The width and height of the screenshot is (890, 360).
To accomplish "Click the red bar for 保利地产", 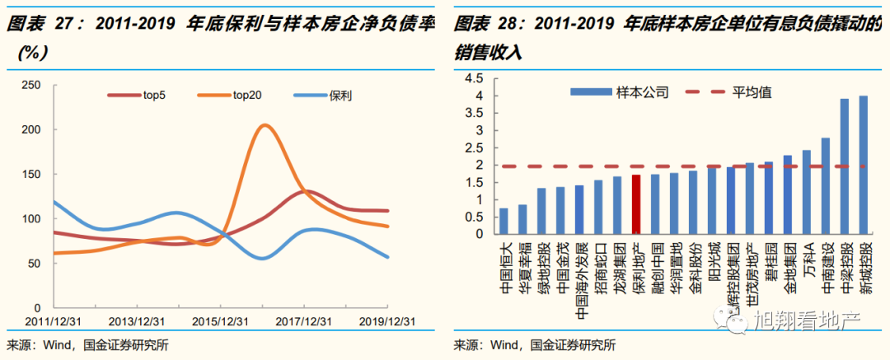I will point(636,204).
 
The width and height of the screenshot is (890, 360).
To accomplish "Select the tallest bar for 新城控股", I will point(863,165).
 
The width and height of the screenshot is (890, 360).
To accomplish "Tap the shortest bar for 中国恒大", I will point(504,221).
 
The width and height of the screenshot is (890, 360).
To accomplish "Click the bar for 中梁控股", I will point(844,166).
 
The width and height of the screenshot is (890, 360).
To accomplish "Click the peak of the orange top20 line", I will point(265,126).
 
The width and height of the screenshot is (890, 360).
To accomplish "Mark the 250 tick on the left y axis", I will point(31,85).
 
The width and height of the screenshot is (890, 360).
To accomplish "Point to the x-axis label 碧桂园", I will point(769,262).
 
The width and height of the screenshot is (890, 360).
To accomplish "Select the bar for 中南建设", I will point(825,186).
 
